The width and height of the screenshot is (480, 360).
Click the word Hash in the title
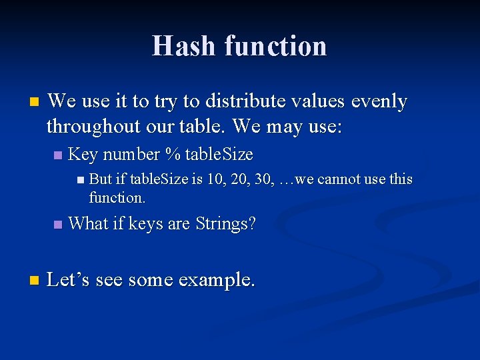[185, 46]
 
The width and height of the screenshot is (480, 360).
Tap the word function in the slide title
[276, 46]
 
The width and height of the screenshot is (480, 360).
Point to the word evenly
[379, 101]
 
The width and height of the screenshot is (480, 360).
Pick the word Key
[83, 155]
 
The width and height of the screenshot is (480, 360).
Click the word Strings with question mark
[225, 224]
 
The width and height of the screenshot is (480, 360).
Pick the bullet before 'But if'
[80, 180]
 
